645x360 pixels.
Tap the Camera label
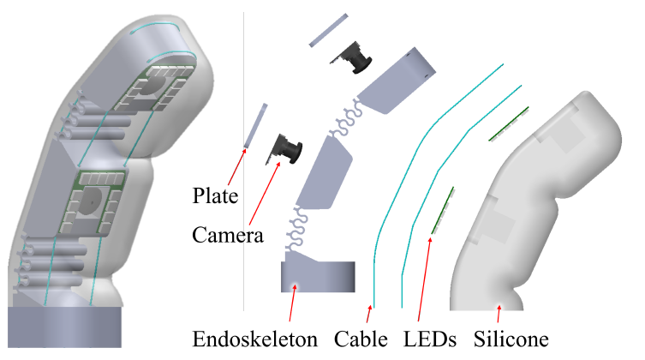point(227,235)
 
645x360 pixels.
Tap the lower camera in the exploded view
point(289,149)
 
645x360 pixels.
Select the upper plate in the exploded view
point(328,29)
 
